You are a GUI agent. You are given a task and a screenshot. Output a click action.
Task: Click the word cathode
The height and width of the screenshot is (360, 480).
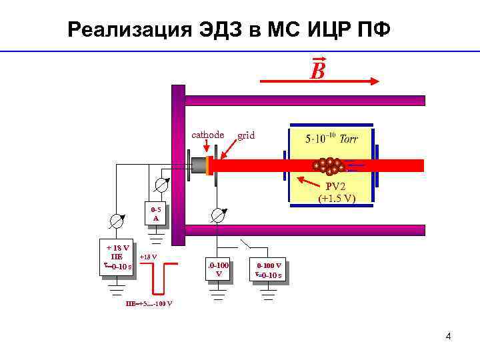207,135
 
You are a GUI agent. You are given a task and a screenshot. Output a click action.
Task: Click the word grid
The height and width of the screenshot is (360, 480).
246,135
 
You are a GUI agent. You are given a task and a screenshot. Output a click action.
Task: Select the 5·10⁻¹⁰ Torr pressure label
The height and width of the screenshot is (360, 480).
331,139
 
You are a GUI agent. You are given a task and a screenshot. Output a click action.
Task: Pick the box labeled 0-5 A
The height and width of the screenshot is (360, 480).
155,213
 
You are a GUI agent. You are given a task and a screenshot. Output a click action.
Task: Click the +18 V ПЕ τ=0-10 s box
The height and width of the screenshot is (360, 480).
117,257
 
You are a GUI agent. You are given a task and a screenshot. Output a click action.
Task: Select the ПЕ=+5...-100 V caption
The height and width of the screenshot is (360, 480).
149,304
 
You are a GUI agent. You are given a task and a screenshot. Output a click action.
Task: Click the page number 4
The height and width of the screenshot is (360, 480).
448,336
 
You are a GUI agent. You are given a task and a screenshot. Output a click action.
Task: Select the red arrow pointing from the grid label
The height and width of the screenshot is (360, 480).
231,150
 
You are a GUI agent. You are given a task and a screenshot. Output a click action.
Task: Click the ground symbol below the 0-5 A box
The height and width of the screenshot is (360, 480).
155,235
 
